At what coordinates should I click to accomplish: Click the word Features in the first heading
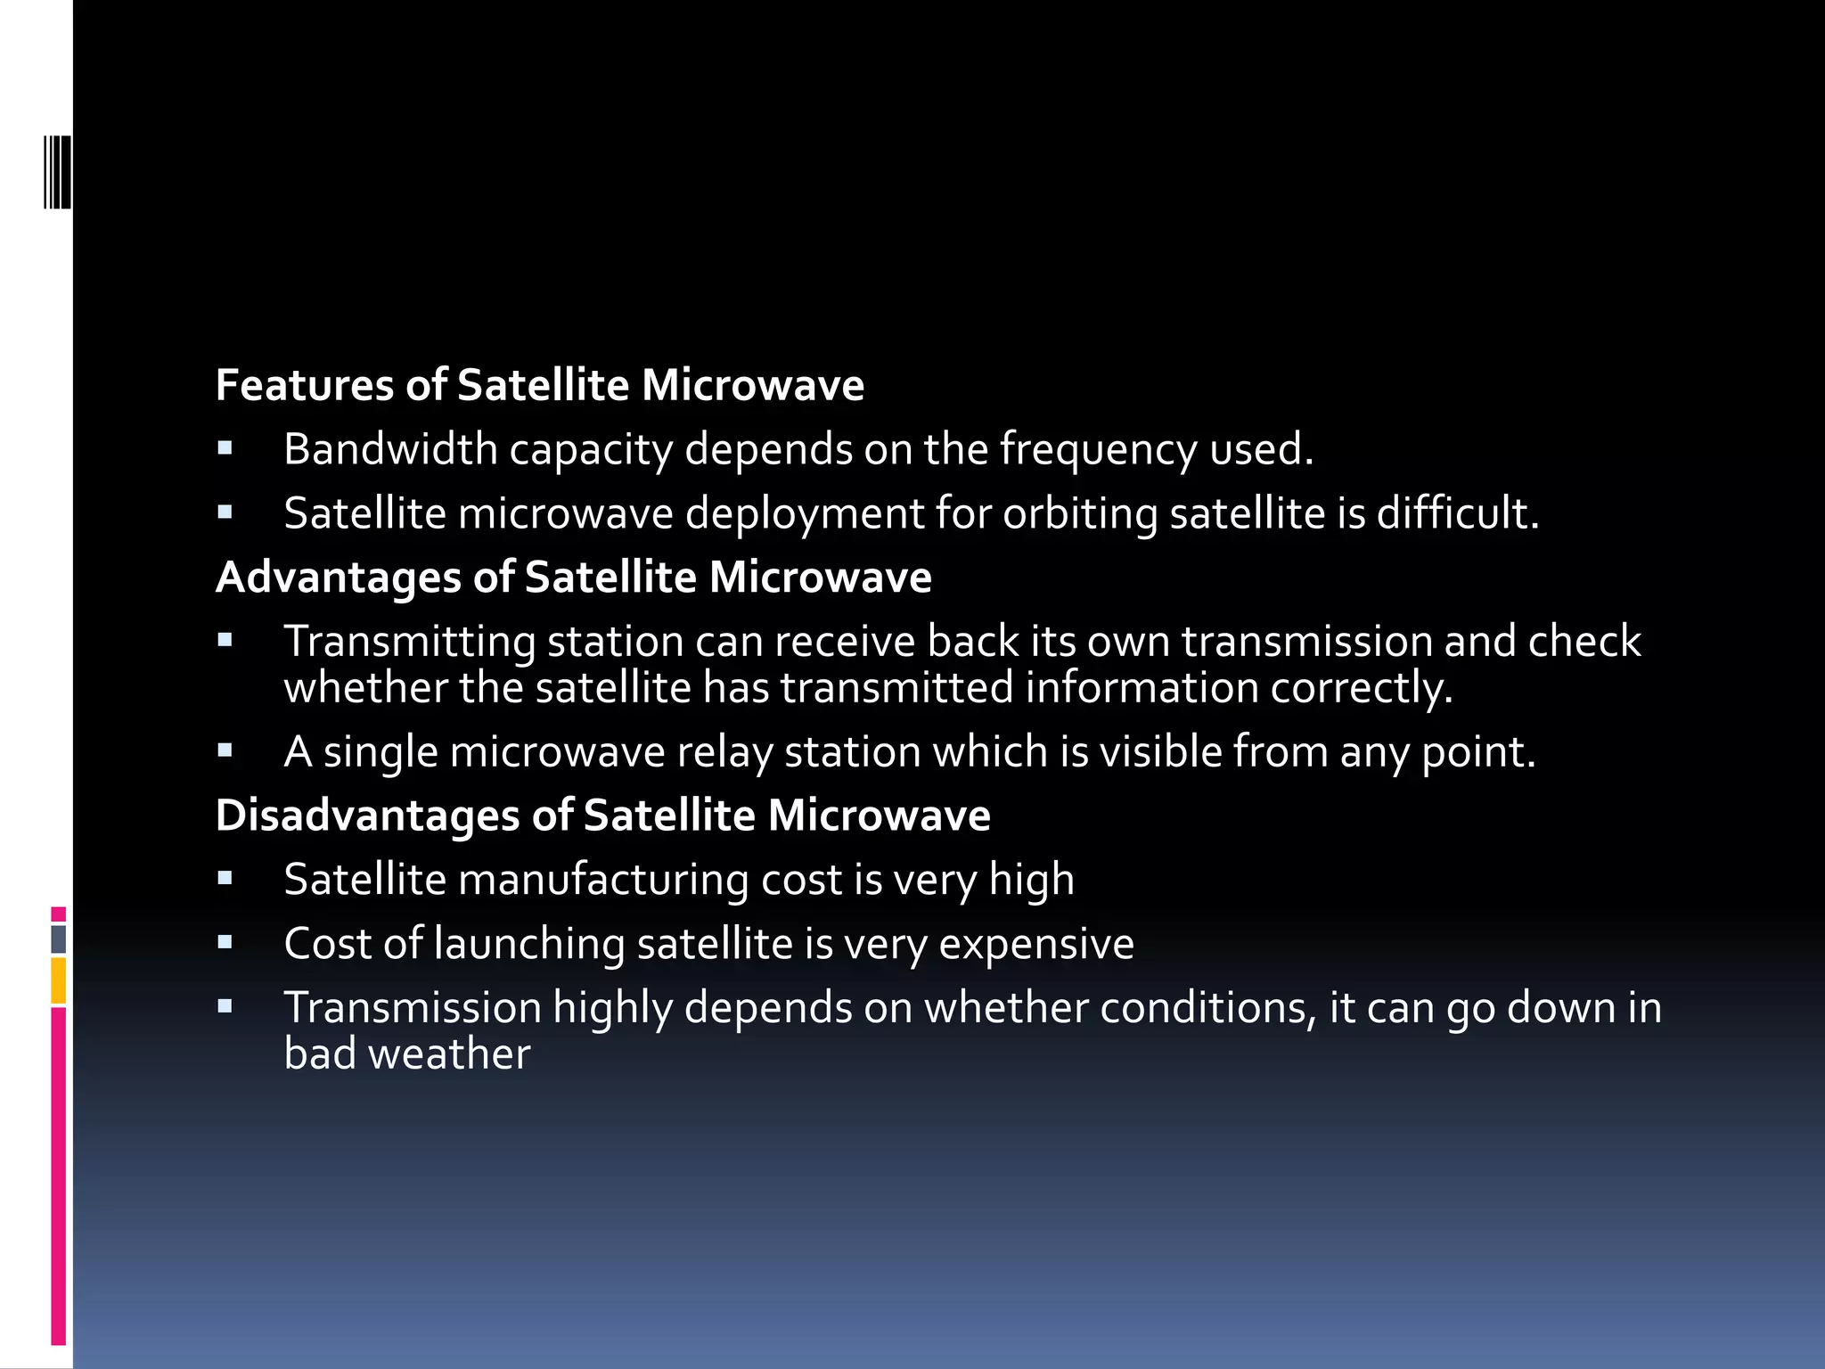point(304,385)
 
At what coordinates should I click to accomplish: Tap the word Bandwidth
point(390,449)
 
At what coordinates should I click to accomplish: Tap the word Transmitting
point(410,643)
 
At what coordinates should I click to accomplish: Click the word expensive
point(1036,945)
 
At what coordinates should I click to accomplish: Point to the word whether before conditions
point(1006,1008)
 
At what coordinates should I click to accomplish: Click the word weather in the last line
point(449,1054)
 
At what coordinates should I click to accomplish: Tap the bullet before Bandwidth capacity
point(225,448)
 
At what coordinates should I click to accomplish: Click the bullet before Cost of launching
point(225,942)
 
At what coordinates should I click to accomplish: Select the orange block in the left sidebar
point(59,980)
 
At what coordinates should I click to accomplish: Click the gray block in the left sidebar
point(59,939)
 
